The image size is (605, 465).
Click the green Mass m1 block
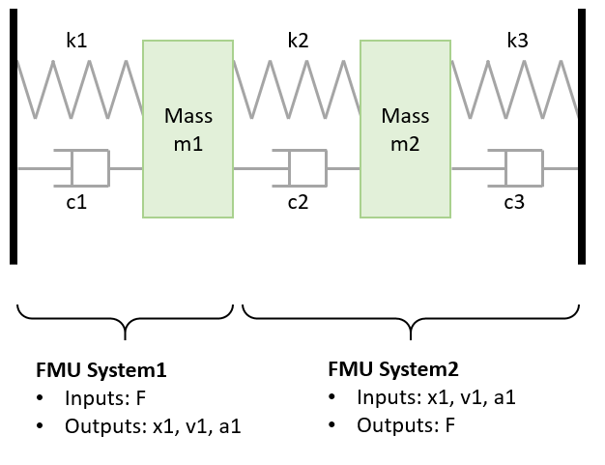click(x=187, y=128)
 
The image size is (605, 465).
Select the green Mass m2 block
click(x=405, y=128)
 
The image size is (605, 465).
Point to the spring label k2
click(x=299, y=41)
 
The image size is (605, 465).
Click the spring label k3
click(x=518, y=41)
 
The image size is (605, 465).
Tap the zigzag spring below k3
click(x=516, y=89)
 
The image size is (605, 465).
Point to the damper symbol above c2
click(x=299, y=168)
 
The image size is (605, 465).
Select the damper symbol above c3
click(x=514, y=168)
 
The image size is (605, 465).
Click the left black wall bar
click(x=14, y=135)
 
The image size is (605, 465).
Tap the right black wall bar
click(x=582, y=135)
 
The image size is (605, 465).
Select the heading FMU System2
click(x=392, y=370)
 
